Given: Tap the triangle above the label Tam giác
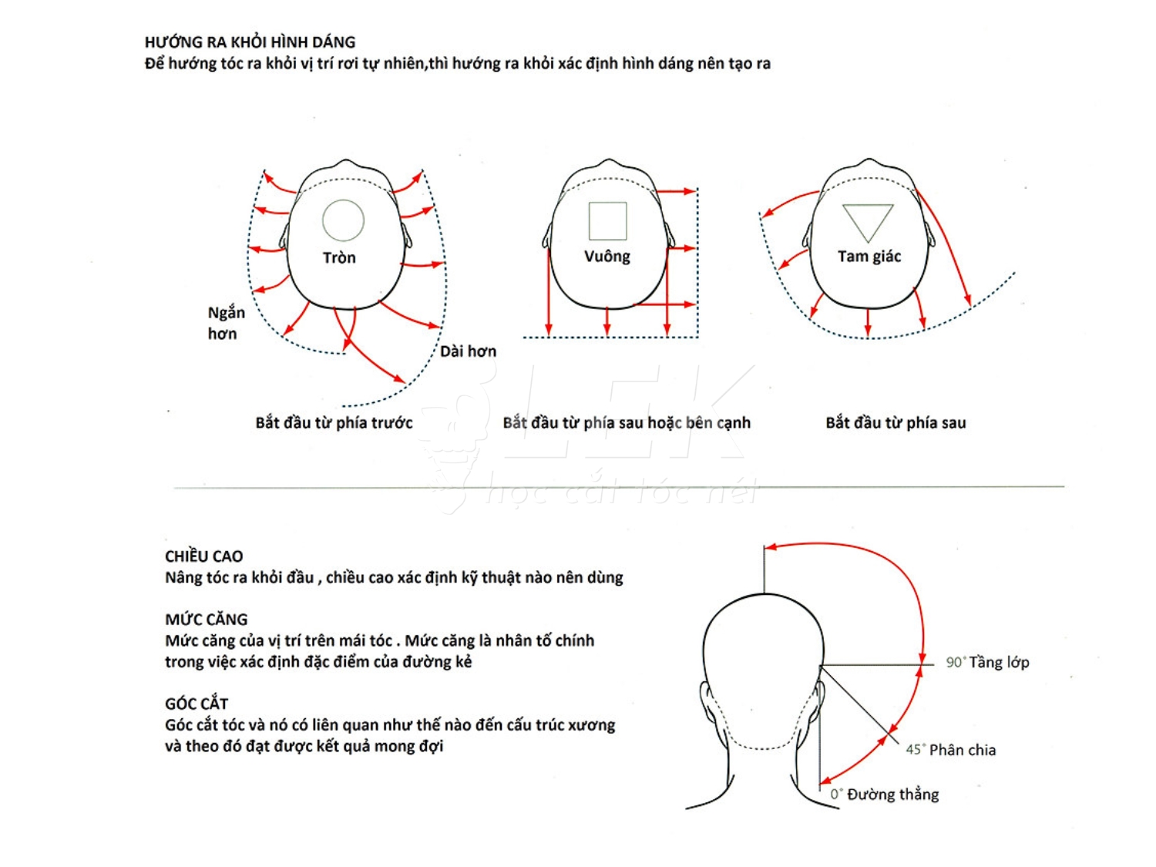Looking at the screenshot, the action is [868, 223].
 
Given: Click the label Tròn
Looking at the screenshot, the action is [339, 257].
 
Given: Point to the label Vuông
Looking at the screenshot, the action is [607, 257].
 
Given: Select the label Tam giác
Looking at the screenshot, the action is [869, 257].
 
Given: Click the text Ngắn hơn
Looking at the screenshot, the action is [226, 323].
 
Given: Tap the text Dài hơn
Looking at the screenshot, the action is [468, 351].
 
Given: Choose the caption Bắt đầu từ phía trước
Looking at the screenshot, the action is [334, 422].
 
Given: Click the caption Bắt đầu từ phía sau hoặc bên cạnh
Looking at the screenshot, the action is [627, 422].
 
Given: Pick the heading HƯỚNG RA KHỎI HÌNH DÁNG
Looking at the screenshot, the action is [250, 42].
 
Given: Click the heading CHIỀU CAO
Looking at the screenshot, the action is [203, 556].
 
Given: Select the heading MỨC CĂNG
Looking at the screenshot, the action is [206, 619].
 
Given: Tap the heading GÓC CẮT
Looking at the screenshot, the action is [196, 703].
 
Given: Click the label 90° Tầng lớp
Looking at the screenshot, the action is [987, 662].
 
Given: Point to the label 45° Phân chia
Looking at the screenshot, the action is [950, 750].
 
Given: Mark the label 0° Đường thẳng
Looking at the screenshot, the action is [884, 795].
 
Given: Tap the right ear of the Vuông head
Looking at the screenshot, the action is [670, 235].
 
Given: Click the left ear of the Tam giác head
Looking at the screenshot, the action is [808, 235].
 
